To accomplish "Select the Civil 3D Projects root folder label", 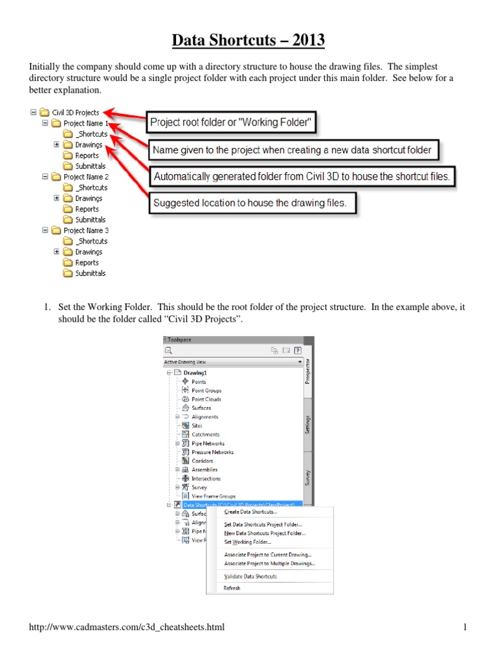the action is [76, 112].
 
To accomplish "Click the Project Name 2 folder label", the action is [85, 177].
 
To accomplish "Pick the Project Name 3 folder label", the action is [85, 230].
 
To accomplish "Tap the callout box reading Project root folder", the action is [231, 121].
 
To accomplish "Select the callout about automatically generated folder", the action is [301, 175].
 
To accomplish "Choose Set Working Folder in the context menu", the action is [247, 542].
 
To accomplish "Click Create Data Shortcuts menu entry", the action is [250, 512].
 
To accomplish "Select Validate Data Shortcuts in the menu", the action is [250, 576].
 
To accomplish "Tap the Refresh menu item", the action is [232, 589].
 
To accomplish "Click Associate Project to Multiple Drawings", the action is [270, 563].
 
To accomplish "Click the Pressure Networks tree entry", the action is [213, 452].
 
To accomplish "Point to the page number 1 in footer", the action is [465, 627].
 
